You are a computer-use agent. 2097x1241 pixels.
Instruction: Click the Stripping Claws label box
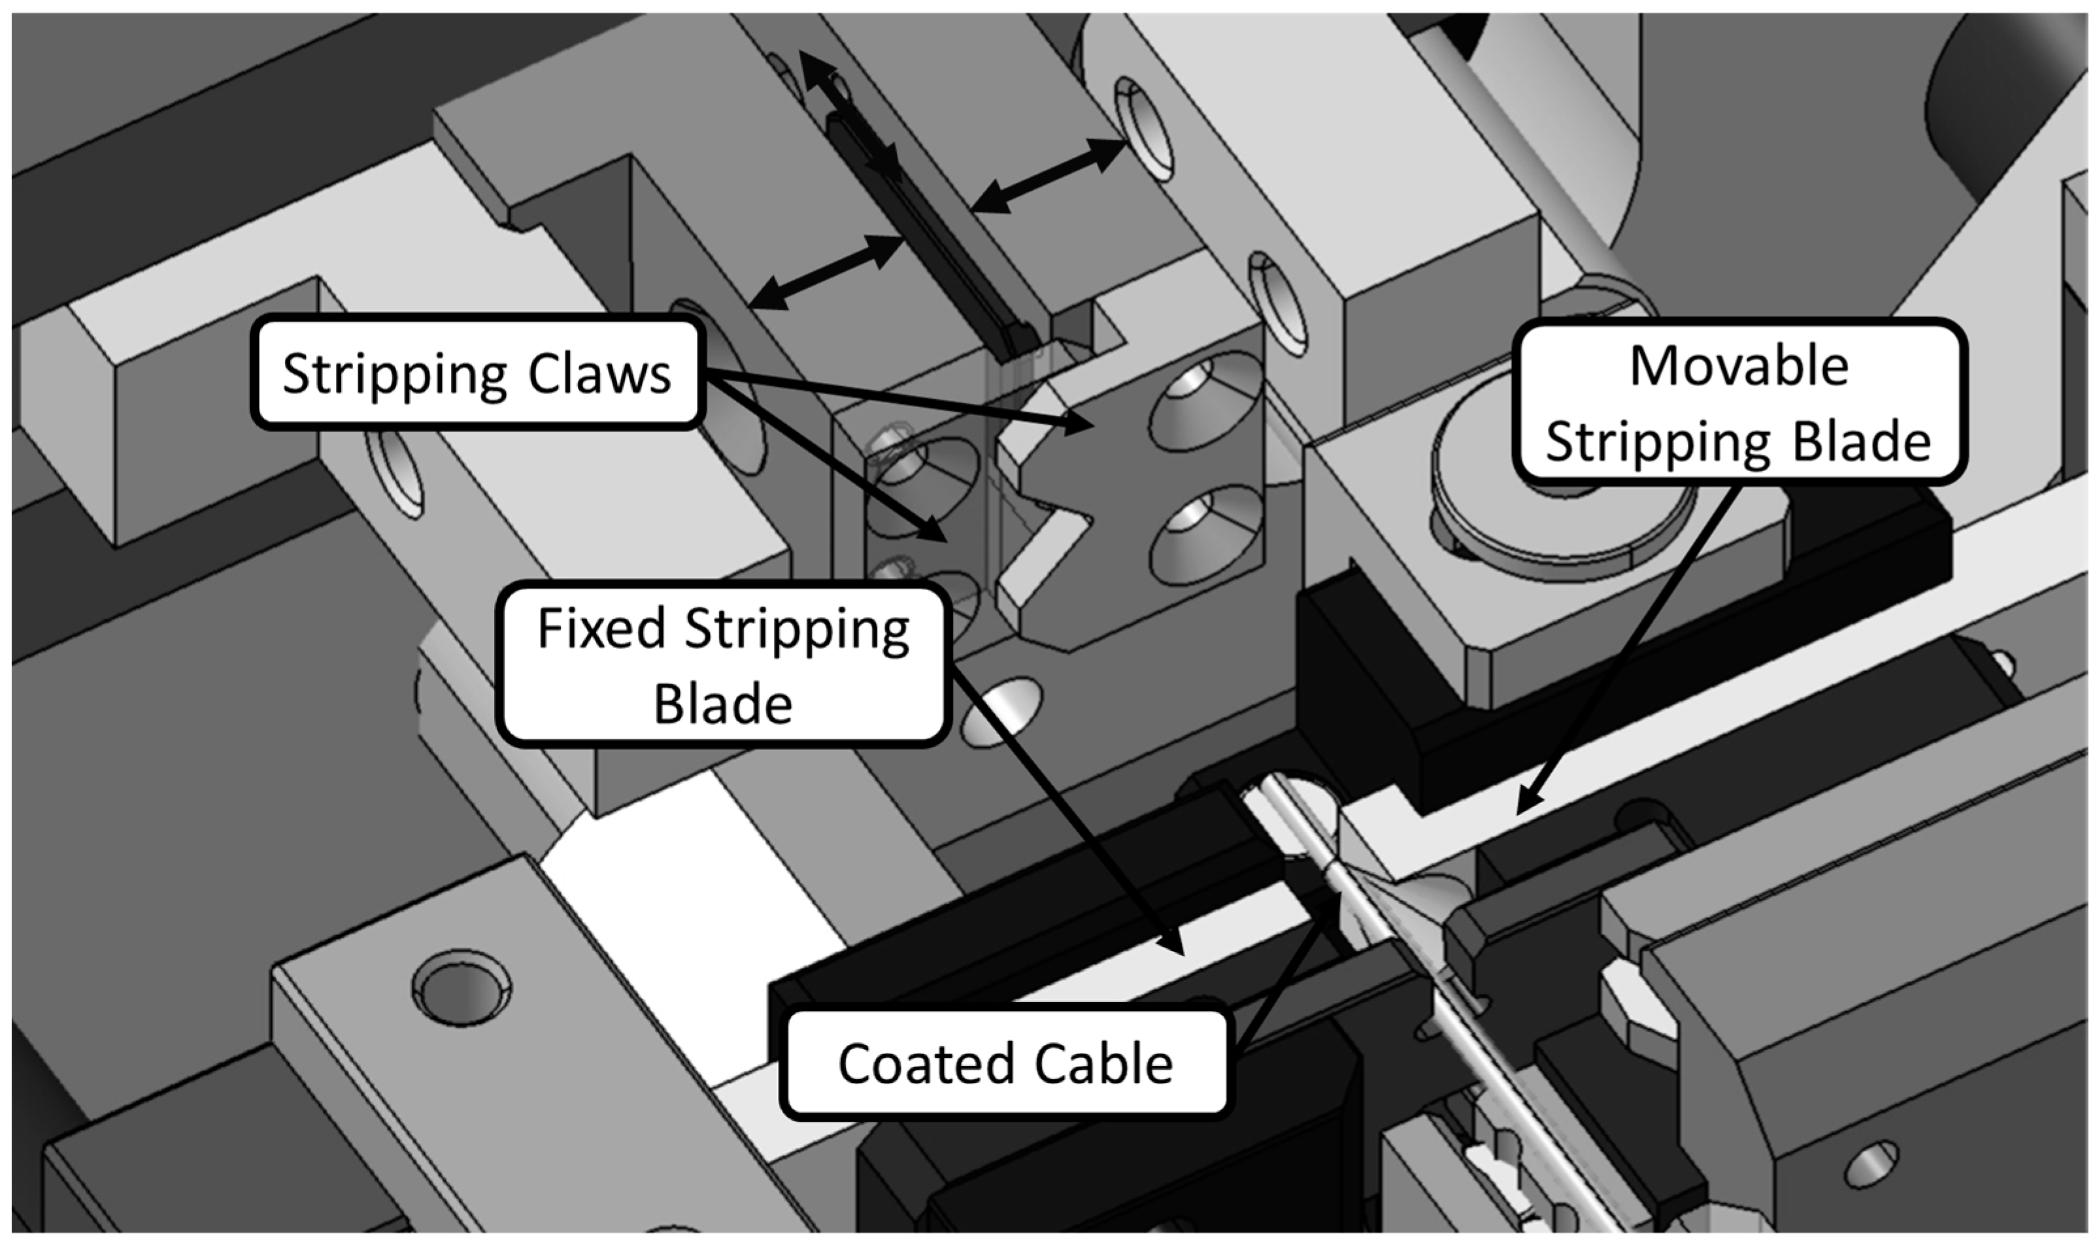(476, 374)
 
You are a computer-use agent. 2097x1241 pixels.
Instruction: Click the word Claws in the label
(599, 374)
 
